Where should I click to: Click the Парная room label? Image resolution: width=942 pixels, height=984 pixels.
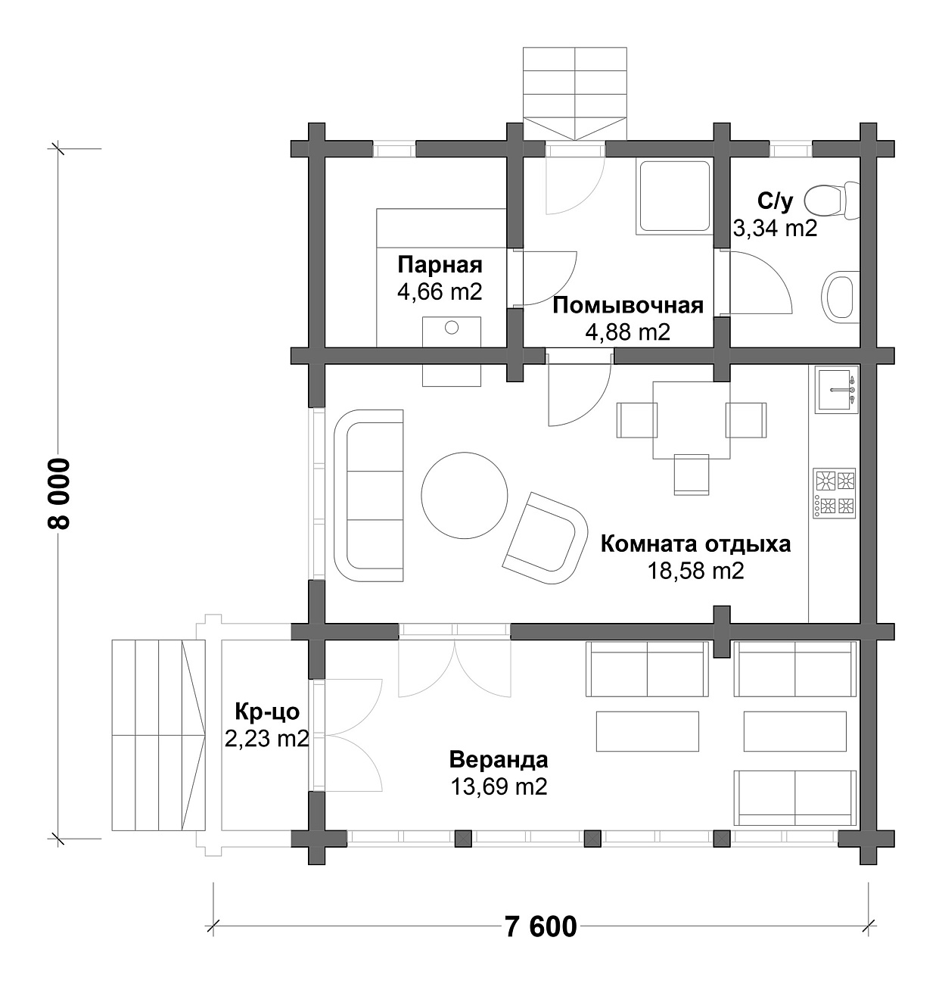click(x=440, y=266)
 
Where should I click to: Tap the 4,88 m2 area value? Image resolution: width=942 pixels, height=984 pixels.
click(x=628, y=332)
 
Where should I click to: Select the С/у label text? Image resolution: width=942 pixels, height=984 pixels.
click(x=775, y=201)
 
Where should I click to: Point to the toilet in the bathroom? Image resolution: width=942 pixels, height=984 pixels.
click(x=831, y=201)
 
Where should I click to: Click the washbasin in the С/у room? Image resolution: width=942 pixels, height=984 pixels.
click(x=840, y=294)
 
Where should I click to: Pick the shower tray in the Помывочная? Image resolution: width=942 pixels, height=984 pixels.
click(x=674, y=197)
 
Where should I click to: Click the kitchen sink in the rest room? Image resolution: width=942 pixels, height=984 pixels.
click(x=835, y=390)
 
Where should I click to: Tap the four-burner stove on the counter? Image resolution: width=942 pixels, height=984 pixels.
click(x=835, y=494)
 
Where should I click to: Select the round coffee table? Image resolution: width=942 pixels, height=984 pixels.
click(x=465, y=494)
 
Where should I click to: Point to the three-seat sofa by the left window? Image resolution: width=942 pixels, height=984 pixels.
click(x=368, y=495)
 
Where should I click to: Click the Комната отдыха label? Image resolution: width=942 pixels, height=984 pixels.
click(x=695, y=544)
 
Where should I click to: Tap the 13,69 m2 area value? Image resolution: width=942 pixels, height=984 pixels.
click(x=499, y=787)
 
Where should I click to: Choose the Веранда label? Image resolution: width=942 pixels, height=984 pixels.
click(x=499, y=759)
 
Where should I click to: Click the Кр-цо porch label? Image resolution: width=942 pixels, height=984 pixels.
click(x=267, y=712)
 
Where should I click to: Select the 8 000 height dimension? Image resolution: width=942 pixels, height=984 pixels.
click(x=59, y=493)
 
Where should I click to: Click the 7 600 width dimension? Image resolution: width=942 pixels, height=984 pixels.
click(x=540, y=926)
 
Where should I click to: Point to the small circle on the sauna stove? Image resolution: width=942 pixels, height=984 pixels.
click(x=452, y=328)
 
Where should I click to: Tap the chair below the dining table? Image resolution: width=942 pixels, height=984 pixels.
click(x=692, y=474)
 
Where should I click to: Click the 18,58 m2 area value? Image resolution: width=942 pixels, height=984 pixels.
click(x=695, y=571)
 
